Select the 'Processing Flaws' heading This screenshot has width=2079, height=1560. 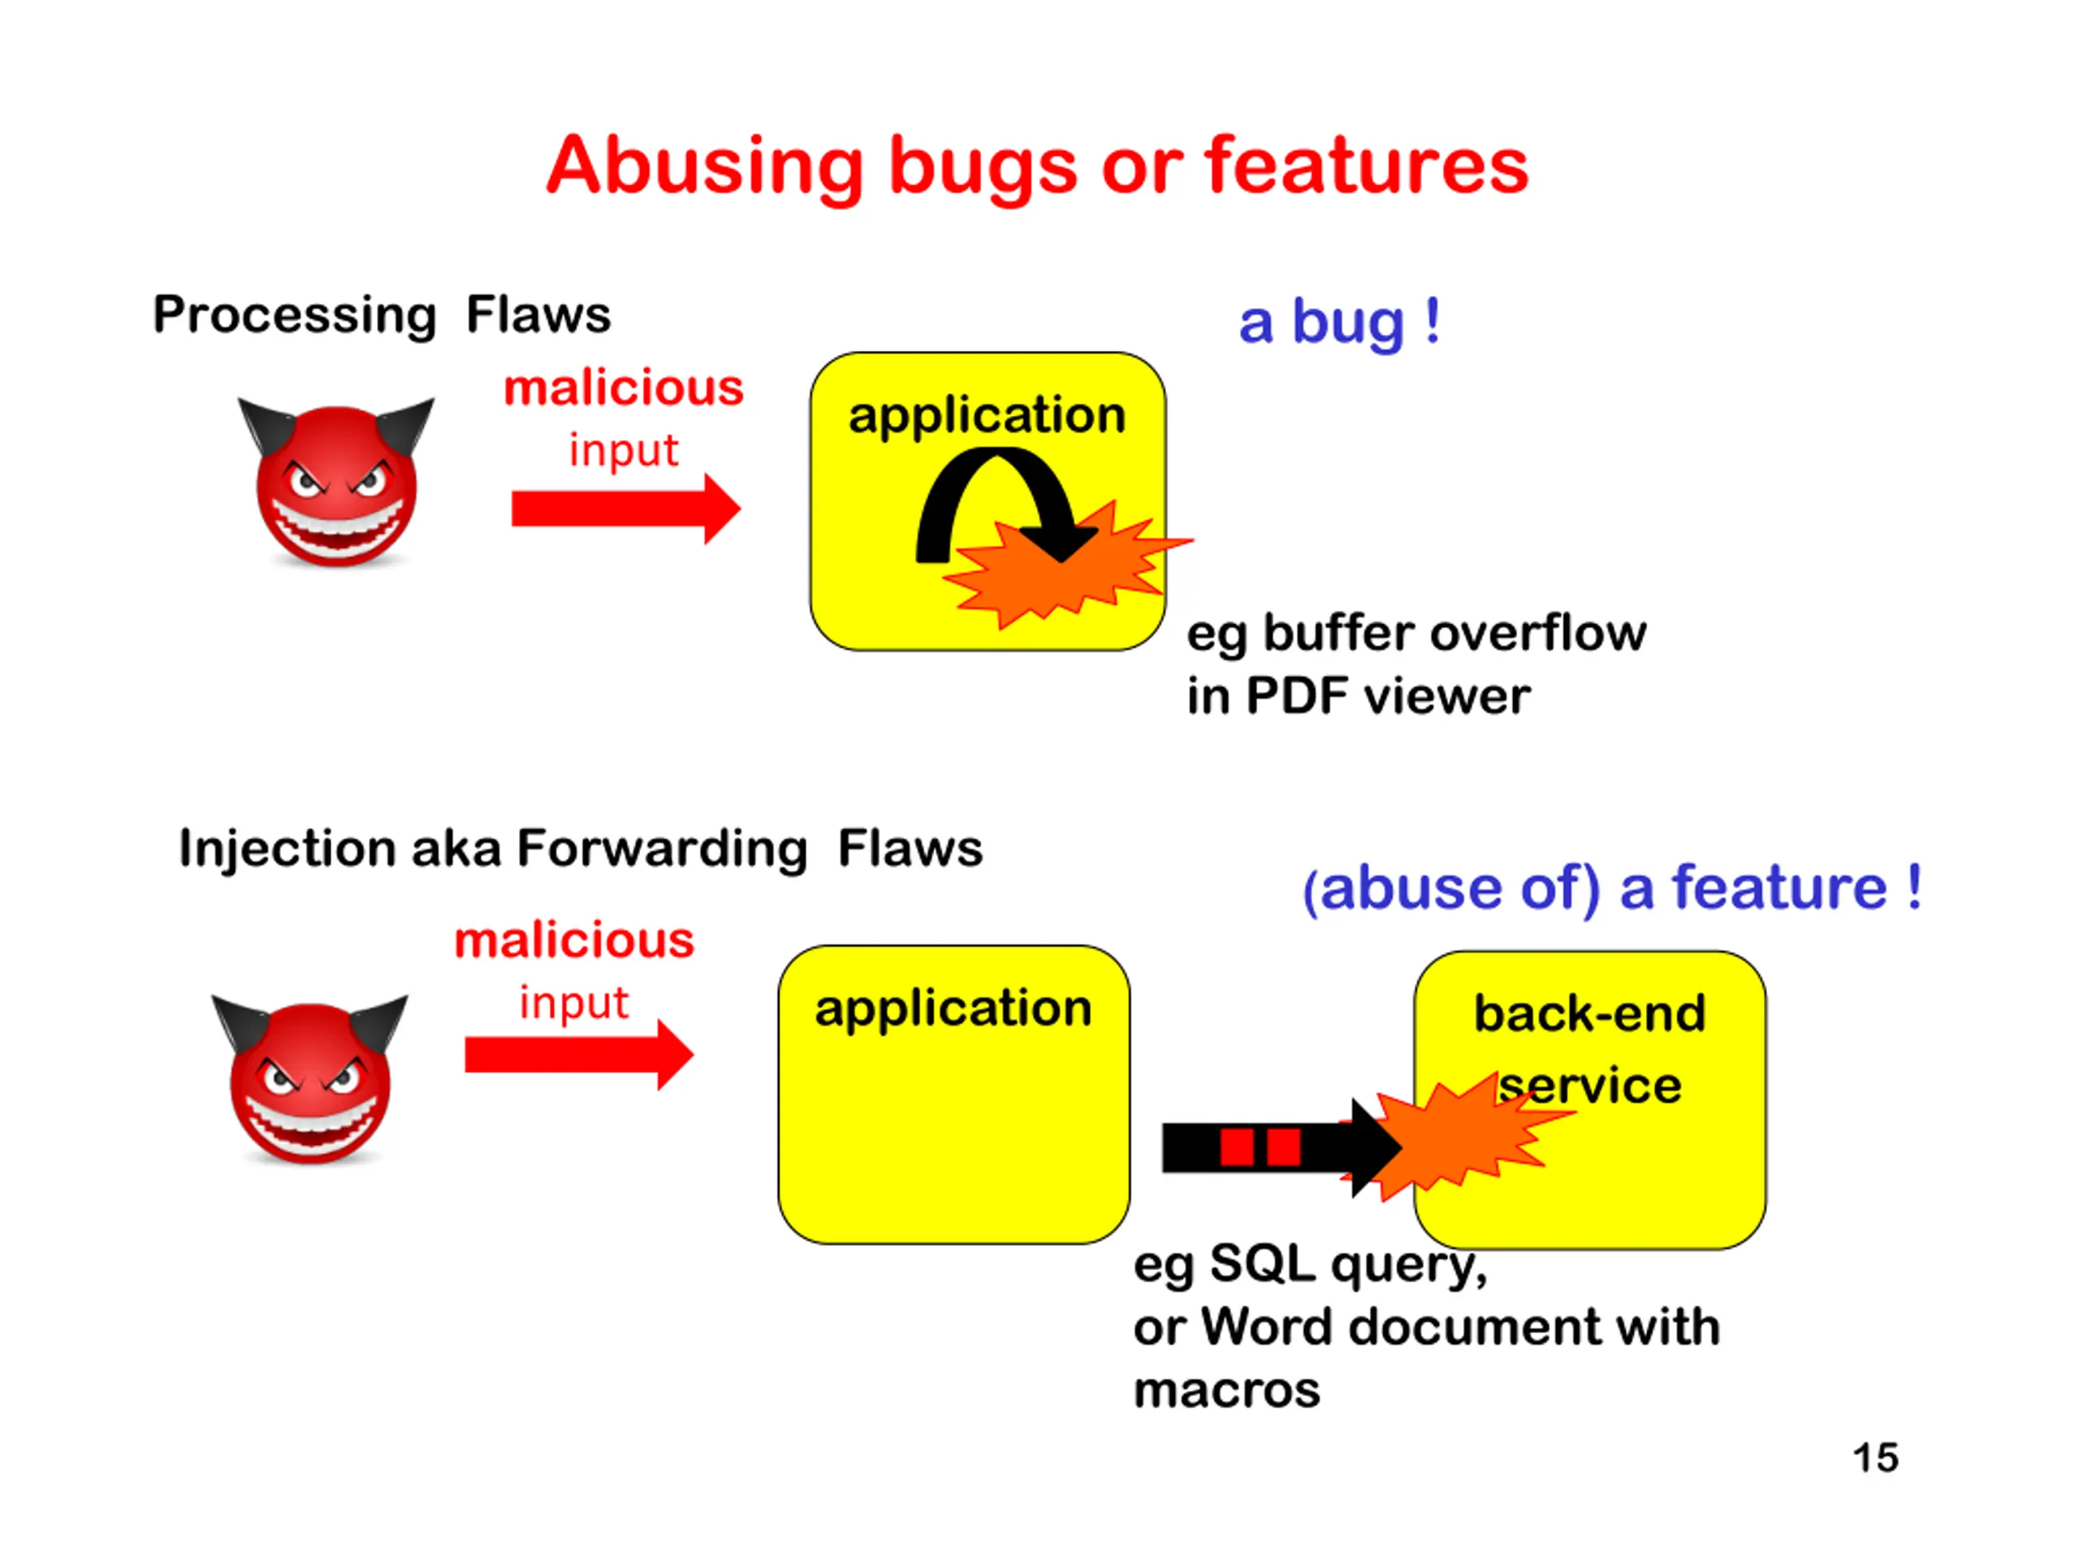[382, 314]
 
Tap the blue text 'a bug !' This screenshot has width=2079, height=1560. [1338, 323]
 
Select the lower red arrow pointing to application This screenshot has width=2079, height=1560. [577, 1055]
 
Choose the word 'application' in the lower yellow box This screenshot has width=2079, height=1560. [953, 1008]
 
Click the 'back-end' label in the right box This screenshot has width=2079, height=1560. [1589, 1014]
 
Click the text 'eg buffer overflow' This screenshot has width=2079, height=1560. [1416, 633]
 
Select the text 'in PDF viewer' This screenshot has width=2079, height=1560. [1357, 697]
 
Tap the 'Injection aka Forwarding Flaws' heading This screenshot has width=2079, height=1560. [580, 848]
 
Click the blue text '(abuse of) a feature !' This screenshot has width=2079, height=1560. [1611, 888]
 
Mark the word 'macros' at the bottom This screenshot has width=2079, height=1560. [1226, 1390]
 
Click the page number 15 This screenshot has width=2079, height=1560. [1875, 1458]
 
